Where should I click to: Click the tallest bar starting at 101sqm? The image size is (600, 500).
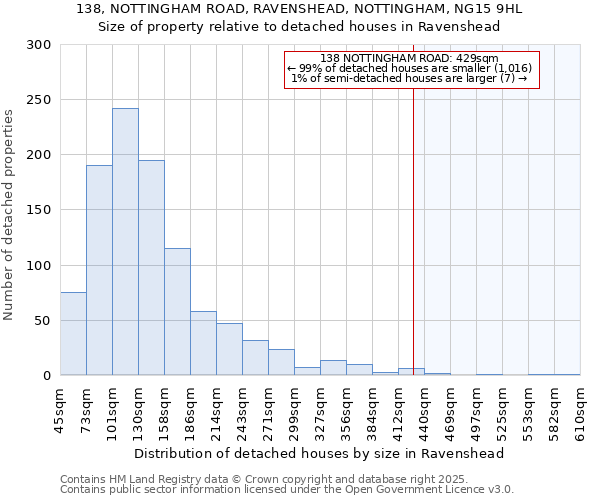click(x=125, y=242)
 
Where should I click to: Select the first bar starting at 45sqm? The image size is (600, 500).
click(x=73, y=334)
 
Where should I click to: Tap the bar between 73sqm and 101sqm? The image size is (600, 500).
click(x=99, y=270)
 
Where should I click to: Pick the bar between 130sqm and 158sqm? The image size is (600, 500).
click(x=151, y=268)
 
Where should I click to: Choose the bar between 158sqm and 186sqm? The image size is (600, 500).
click(x=177, y=312)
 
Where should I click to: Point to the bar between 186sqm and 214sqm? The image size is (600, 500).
click(x=203, y=343)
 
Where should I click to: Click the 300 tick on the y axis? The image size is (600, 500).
click(x=39, y=45)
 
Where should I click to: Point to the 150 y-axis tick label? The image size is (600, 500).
click(x=39, y=210)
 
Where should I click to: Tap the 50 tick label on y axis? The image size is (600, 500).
click(x=42, y=321)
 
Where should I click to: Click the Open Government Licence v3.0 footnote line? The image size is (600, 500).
click(x=287, y=490)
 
